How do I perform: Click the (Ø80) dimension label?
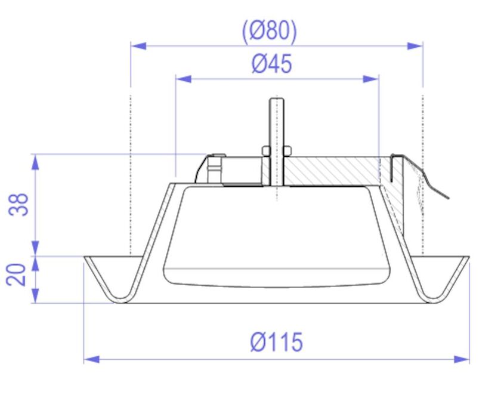pyautogui.click(x=269, y=30)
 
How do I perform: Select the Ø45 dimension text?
pyautogui.click(x=272, y=63)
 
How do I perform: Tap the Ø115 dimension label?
pyautogui.click(x=276, y=343)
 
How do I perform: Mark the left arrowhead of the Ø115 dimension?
pyautogui.click(x=91, y=359)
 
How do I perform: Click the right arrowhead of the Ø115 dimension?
pyautogui.click(x=462, y=359)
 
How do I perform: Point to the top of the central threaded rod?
pyautogui.click(x=276, y=100)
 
